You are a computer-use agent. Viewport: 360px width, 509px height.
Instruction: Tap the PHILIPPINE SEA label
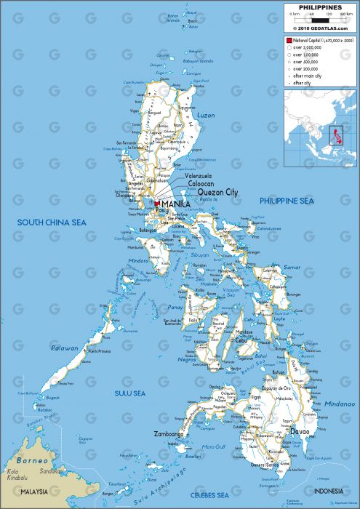pyautogui.click(x=287, y=200)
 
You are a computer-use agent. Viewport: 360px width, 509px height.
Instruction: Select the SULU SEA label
pyautogui.click(x=131, y=393)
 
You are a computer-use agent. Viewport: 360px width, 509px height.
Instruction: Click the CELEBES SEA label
pyautogui.click(x=224, y=494)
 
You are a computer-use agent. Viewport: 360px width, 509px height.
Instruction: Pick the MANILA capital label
pyautogui.click(x=177, y=204)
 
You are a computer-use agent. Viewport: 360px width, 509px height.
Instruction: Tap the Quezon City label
pyautogui.click(x=217, y=192)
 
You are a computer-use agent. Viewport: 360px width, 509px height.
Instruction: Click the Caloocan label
pyautogui.click(x=201, y=184)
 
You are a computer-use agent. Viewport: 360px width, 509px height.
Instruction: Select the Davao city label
pyautogui.click(x=300, y=431)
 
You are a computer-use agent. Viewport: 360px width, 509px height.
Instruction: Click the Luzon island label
pyautogui.click(x=207, y=116)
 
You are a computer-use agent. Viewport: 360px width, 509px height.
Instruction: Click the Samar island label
pyautogui.click(x=291, y=268)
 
